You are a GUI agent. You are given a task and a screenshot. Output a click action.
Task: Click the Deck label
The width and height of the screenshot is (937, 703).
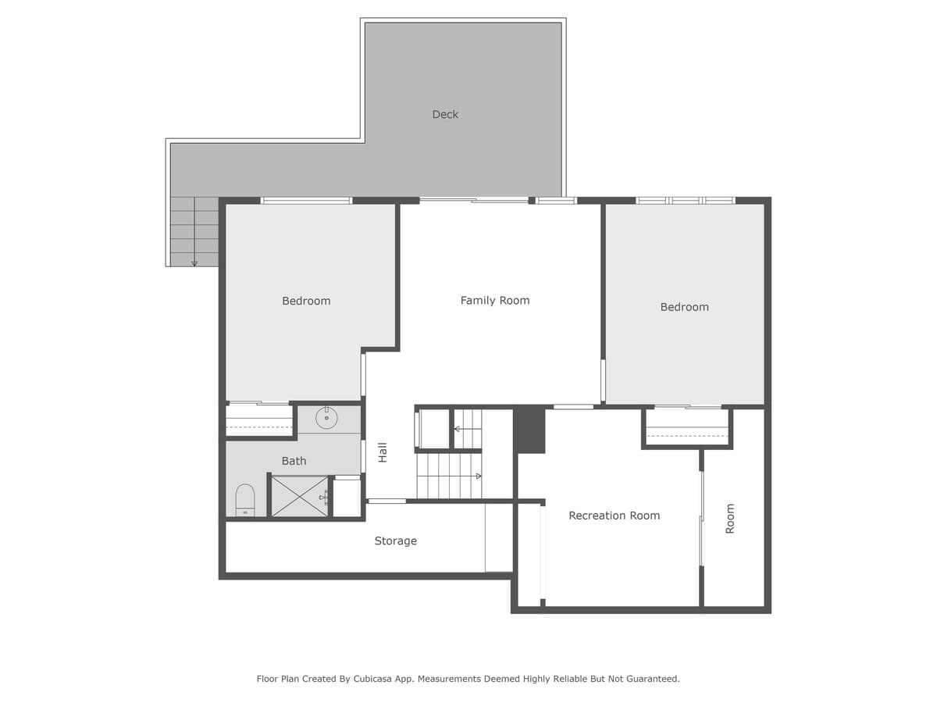click(x=445, y=115)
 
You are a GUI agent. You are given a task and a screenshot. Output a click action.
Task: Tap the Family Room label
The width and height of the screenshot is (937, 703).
click(x=494, y=301)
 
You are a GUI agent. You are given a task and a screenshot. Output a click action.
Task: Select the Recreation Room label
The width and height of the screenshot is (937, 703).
click(x=614, y=516)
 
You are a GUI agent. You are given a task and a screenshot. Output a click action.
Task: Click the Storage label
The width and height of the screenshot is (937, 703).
click(x=395, y=541)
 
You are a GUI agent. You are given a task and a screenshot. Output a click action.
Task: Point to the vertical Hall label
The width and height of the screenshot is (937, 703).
click(x=383, y=452)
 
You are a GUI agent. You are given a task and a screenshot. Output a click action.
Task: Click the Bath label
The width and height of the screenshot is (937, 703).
click(x=294, y=461)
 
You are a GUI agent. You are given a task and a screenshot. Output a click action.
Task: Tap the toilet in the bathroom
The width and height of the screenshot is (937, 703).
click(x=245, y=500)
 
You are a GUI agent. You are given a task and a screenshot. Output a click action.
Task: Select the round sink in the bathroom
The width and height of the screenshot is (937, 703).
click(x=326, y=419)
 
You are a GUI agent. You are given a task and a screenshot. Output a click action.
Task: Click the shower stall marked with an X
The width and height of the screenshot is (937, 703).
click(x=299, y=496)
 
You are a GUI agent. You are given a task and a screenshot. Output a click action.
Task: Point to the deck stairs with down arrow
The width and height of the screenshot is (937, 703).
click(x=194, y=231)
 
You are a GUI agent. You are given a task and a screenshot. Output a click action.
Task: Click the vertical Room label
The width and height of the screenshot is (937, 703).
click(x=730, y=518)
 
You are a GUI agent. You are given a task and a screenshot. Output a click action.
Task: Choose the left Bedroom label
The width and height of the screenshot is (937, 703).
click(x=306, y=301)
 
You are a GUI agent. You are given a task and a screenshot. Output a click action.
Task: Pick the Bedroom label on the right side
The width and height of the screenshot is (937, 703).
click(x=684, y=307)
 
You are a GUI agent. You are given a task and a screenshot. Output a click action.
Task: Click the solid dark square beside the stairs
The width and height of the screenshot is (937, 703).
click(x=529, y=430)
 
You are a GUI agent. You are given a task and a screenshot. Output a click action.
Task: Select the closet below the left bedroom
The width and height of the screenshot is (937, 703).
click(x=258, y=420)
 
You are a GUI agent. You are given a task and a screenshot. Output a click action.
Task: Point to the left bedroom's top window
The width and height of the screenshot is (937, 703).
click(x=306, y=201)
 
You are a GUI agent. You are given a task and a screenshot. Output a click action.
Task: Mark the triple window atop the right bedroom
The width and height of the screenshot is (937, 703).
click(x=685, y=201)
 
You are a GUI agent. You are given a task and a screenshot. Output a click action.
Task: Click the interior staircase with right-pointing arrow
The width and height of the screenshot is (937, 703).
click(x=449, y=476)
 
